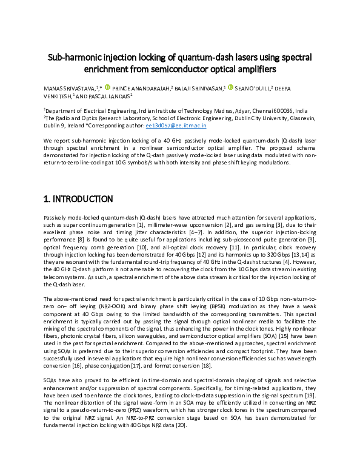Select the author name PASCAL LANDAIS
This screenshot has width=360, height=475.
[x=108, y=96]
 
